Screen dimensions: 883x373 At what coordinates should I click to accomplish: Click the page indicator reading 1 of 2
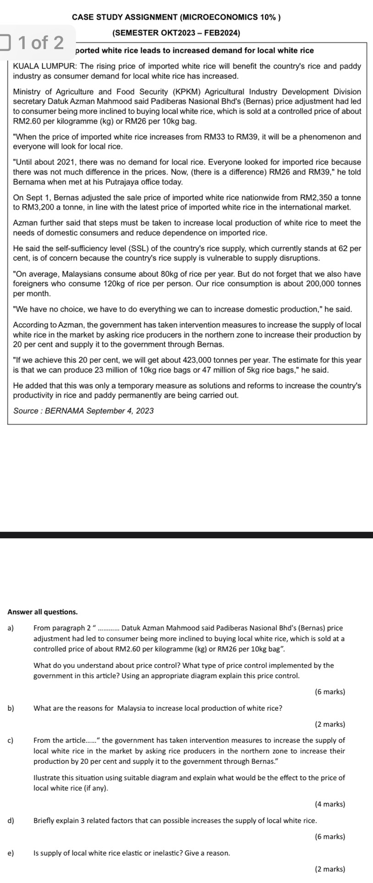coord(41,43)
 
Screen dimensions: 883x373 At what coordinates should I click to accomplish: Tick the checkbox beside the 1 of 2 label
coord(5,43)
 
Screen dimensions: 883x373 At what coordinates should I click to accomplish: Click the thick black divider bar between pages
coord(186,535)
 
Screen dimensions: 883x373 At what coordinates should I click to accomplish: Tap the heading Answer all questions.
coord(43,612)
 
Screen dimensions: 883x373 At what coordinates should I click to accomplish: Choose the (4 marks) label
coord(330,804)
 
